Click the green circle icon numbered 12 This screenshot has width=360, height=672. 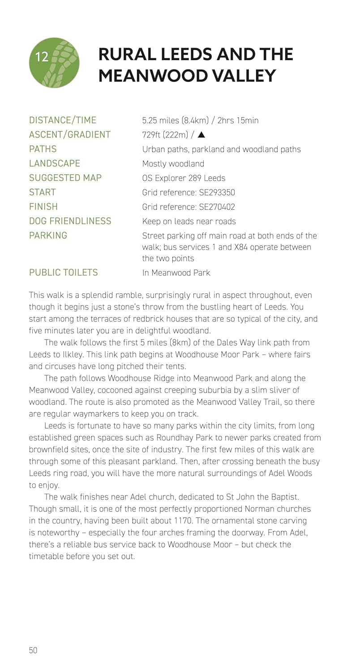click(x=54, y=62)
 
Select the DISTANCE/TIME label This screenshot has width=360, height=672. click(x=63, y=120)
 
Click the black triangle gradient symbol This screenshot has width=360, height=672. click(x=201, y=134)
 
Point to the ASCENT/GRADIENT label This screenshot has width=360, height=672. click(x=70, y=134)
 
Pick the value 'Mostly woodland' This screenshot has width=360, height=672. click(x=173, y=164)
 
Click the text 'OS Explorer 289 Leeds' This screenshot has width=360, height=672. click(x=184, y=178)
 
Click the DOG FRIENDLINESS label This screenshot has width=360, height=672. click(x=70, y=221)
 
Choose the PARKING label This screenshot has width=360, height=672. click(x=48, y=235)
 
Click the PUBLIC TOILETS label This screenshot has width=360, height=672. click(x=63, y=272)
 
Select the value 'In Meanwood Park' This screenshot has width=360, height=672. click(x=176, y=272)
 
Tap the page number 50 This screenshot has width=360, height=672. click(x=33, y=650)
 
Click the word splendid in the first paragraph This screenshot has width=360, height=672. click(x=95, y=295)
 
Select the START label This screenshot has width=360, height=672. click(x=43, y=192)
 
